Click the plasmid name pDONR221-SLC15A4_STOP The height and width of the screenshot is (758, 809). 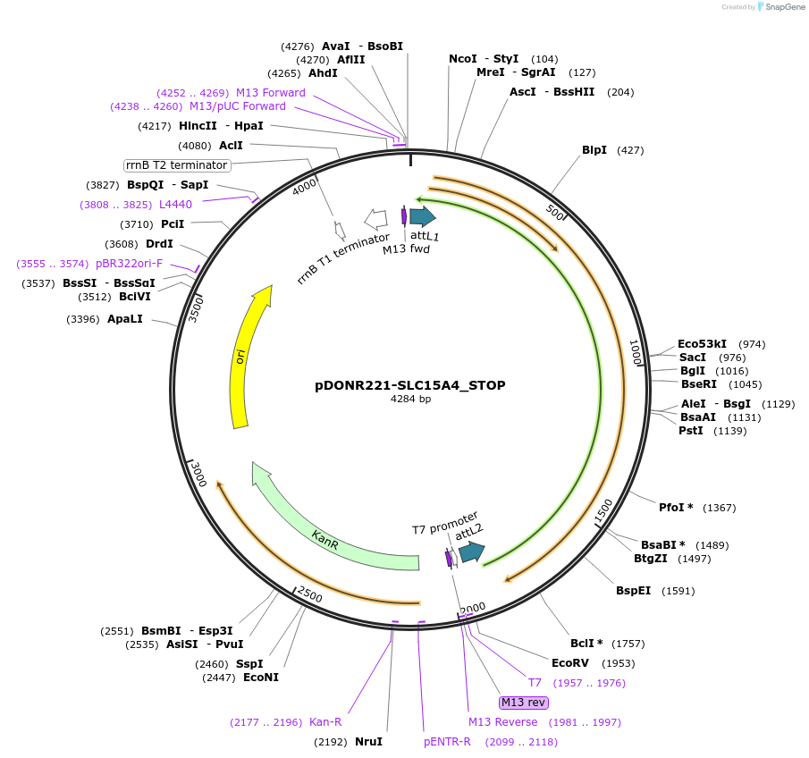pos(410,385)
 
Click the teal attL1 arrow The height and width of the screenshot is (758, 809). pos(422,216)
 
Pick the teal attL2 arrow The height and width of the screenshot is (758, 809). pos(471,552)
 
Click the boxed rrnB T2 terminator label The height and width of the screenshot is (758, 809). pos(177,165)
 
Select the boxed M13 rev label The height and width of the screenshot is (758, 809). pos(524,703)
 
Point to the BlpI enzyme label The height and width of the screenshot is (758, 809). pos(594,150)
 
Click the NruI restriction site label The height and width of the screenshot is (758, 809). pos(368,742)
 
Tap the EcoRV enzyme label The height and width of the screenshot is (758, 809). pos(570,663)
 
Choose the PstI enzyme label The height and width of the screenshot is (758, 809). pos(691,431)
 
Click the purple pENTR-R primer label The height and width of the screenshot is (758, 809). pos(447,742)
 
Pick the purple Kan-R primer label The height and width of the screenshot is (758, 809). pos(325,722)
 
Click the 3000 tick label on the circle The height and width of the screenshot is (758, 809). pos(198,475)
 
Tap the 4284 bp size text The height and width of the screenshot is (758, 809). pos(410,400)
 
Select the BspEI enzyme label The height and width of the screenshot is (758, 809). pos(634,591)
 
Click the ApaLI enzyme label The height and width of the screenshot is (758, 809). pos(125,319)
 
